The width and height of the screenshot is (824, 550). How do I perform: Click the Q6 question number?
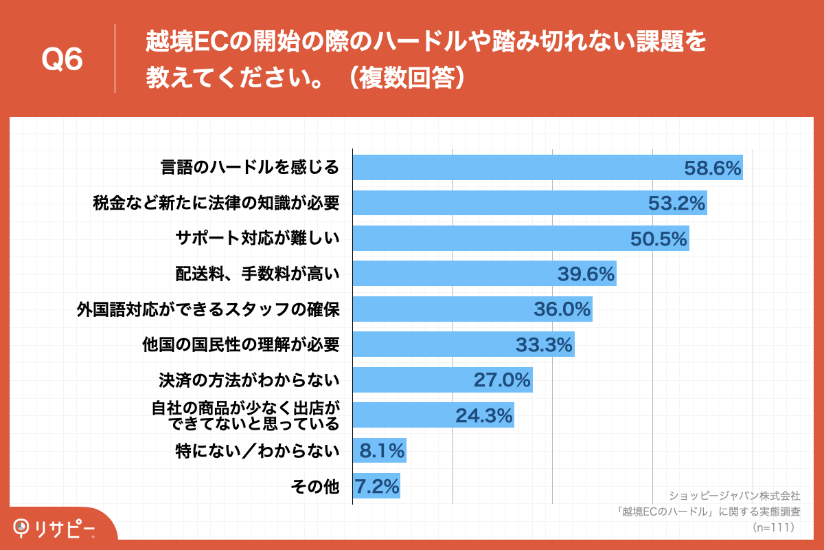(62, 60)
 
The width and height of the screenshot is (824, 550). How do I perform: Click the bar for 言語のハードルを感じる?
(515, 168)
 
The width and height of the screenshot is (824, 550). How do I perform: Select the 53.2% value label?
(677, 203)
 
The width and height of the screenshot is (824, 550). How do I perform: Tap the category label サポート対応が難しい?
(257, 239)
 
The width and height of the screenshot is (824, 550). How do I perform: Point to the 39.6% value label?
(585, 274)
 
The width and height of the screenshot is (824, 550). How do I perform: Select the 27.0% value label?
(502, 380)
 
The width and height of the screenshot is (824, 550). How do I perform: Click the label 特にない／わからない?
(257, 452)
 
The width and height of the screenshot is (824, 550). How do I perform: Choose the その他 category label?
(315, 487)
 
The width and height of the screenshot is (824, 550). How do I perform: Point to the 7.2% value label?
(377, 487)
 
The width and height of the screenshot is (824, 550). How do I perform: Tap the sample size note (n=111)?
(773, 527)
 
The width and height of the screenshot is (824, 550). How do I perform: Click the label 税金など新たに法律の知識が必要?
(216, 203)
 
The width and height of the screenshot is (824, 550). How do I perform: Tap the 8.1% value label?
(382, 452)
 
